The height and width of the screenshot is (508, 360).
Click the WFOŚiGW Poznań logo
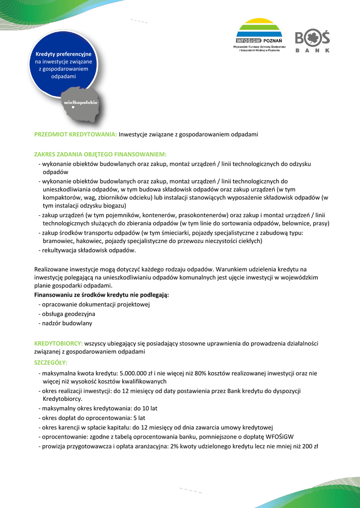pos(258,35)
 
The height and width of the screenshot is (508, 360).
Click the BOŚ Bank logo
pos(312,41)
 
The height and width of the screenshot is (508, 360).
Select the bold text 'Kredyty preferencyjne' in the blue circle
pos(63,54)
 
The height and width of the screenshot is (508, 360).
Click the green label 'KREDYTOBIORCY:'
pos(59,343)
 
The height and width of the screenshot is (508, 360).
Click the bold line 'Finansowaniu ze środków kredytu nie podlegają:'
pos(101,295)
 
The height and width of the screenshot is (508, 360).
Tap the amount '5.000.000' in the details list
pos(129,373)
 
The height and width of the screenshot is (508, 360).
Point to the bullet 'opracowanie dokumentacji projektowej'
pos(96,305)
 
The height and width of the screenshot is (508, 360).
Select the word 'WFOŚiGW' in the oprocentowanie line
pos(280,437)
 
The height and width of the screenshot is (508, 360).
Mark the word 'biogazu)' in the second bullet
pos(115,205)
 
